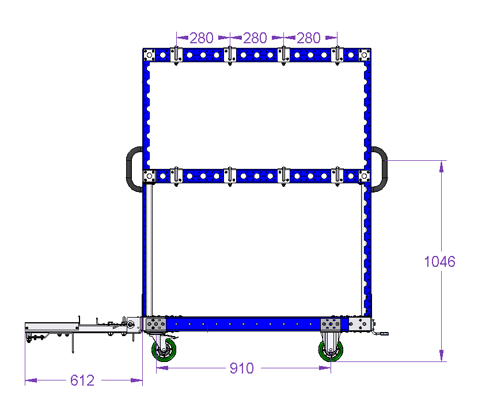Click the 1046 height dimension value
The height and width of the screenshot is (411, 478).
[x=439, y=262]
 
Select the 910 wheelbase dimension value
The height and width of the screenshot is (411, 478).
[x=242, y=368]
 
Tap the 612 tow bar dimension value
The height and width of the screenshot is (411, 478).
[x=82, y=380]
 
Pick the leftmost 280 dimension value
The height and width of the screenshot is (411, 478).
[x=202, y=38]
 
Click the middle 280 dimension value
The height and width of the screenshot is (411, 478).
[x=255, y=38]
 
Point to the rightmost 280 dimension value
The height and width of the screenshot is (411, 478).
[x=309, y=38]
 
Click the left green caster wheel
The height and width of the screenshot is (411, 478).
[x=164, y=350]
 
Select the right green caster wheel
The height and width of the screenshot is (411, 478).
[x=331, y=350]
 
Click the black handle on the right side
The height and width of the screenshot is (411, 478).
[x=385, y=169]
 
